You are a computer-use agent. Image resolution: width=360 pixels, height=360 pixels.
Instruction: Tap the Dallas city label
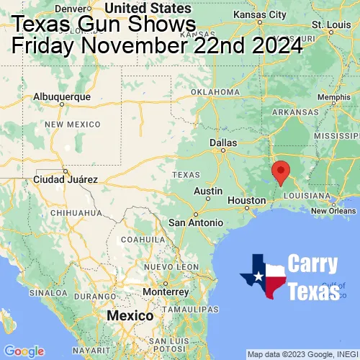[223, 143]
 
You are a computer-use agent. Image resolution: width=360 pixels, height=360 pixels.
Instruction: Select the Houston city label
[247, 200]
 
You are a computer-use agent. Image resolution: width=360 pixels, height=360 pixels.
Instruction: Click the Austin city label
[208, 191]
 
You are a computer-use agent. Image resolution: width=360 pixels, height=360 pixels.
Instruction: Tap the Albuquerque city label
[63, 96]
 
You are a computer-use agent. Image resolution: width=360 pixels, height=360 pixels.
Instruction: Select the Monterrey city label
[165, 292]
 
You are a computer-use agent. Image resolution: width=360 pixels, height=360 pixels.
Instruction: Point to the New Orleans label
[333, 210]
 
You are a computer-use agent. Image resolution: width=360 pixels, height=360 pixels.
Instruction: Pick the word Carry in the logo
[314, 264]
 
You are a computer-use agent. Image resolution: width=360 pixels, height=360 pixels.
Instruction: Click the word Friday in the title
[43, 47]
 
